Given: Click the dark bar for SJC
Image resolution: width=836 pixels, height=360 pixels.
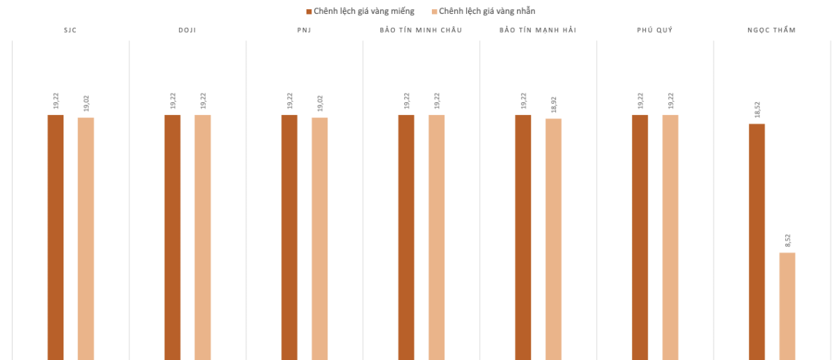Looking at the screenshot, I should click(x=56, y=237).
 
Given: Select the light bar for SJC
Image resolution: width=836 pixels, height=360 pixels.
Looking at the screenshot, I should click(x=86, y=238).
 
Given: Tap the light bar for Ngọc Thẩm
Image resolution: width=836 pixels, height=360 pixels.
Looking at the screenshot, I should click(x=787, y=306).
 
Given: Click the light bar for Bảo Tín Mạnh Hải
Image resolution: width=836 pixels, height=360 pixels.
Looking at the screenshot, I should click(x=553, y=239).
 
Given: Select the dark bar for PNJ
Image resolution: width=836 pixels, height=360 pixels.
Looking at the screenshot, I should click(x=289, y=237).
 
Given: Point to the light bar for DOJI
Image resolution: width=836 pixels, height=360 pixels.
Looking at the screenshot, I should click(x=203, y=237).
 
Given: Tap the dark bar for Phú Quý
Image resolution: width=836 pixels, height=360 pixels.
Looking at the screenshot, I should click(x=640, y=237).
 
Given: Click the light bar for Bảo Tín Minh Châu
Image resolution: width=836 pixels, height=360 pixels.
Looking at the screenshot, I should click(x=437, y=237).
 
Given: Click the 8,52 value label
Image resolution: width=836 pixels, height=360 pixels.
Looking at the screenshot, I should click(x=788, y=241).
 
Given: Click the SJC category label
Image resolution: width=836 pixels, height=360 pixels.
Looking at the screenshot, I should click(x=70, y=30).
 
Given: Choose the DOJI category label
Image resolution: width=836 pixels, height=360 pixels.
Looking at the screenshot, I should click(x=187, y=30).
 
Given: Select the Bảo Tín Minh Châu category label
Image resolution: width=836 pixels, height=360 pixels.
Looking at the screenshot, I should click(x=421, y=30).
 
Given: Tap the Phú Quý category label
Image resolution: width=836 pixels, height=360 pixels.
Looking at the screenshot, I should click(x=655, y=30).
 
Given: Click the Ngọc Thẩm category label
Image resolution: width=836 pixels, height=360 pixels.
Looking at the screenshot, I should click(x=772, y=30).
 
